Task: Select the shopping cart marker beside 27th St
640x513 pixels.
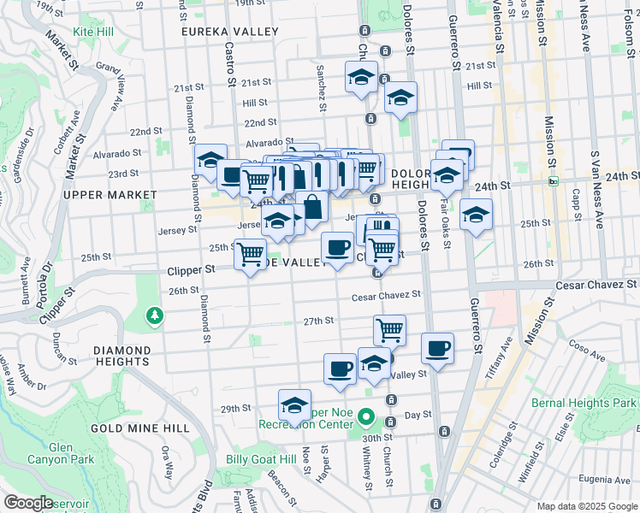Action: click(x=389, y=329)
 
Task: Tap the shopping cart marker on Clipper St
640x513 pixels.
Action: click(x=250, y=254)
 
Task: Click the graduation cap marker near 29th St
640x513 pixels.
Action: click(x=294, y=404)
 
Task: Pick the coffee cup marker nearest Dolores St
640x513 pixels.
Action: click(x=437, y=348)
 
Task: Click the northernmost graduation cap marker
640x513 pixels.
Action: click(x=361, y=77)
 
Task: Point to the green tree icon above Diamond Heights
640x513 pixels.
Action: click(x=154, y=316)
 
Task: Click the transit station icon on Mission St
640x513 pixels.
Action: click(x=553, y=180)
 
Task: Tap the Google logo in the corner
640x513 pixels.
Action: click(x=27, y=503)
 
